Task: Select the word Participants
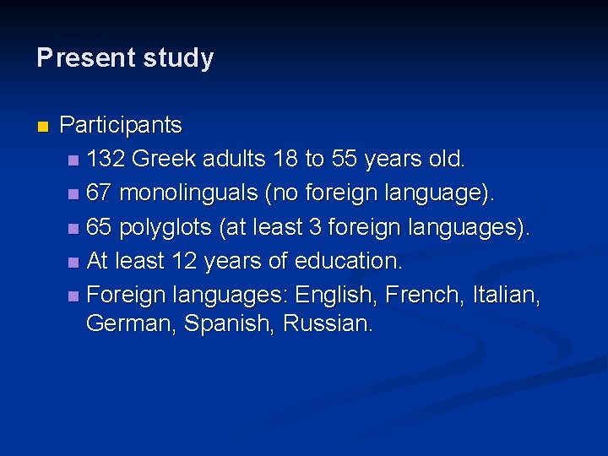[121, 126]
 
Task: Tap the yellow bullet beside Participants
[42, 127]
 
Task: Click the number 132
[106, 158]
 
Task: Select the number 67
[99, 193]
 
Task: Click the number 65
[99, 227]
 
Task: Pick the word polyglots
[165, 228]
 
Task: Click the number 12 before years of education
[183, 262]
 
